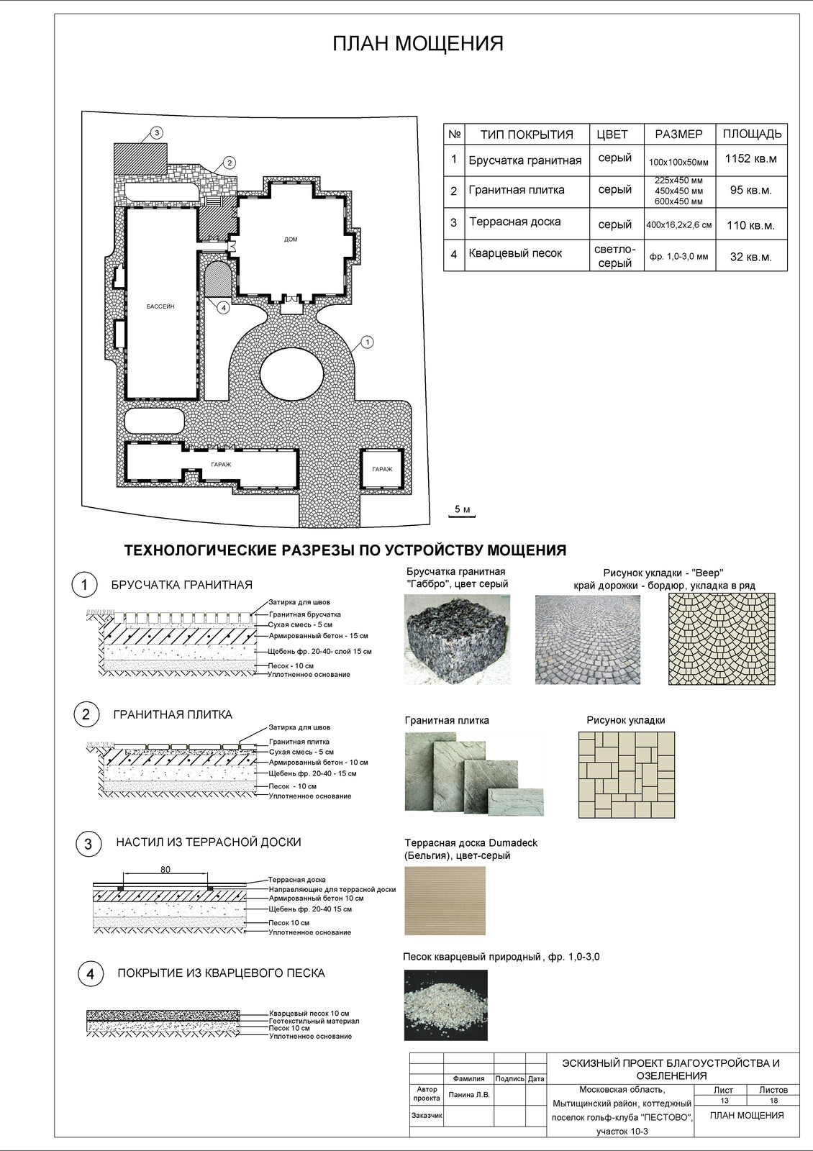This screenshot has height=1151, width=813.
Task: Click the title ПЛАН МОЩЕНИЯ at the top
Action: click(417, 44)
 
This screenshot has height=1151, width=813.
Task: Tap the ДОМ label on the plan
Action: click(291, 240)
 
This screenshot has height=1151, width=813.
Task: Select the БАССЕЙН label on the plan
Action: click(160, 306)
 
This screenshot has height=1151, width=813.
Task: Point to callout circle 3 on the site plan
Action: click(157, 132)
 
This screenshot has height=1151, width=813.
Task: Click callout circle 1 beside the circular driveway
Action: click(367, 342)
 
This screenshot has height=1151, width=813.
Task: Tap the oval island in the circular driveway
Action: click(291, 375)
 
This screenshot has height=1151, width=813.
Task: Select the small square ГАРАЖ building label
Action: click(382, 469)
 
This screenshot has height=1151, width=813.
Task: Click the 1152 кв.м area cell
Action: click(751, 159)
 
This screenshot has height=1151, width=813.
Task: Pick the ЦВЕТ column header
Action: click(612, 135)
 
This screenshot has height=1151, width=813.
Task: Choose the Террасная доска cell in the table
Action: click(515, 222)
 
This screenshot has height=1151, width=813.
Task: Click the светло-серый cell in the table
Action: click(614, 256)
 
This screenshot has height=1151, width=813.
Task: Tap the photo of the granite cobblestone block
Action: click(457, 639)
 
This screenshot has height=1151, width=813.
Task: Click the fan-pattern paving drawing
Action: click(722, 639)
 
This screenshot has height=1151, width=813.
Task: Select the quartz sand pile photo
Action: click(445, 1004)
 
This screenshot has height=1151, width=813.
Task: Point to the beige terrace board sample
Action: click(445, 900)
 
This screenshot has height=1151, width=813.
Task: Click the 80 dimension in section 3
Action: click(165, 870)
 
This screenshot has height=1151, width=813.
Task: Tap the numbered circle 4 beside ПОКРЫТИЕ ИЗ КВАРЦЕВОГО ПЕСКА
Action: click(90, 975)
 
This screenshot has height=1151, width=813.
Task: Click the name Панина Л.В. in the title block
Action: click(469, 1095)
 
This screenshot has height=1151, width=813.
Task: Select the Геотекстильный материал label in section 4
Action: click(314, 1021)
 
